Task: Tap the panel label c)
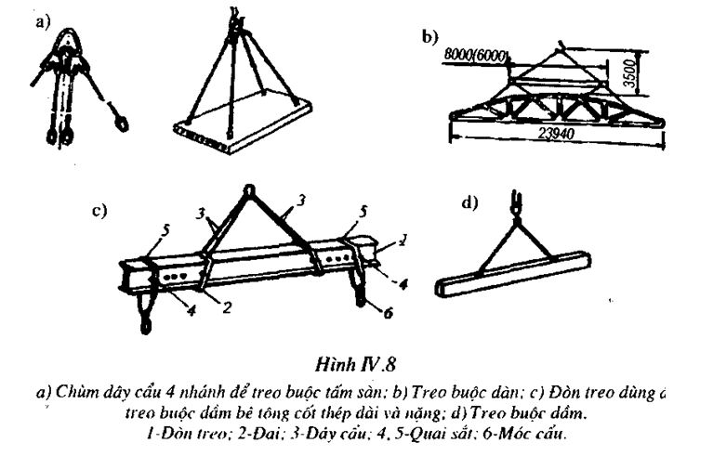coord(99,211)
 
